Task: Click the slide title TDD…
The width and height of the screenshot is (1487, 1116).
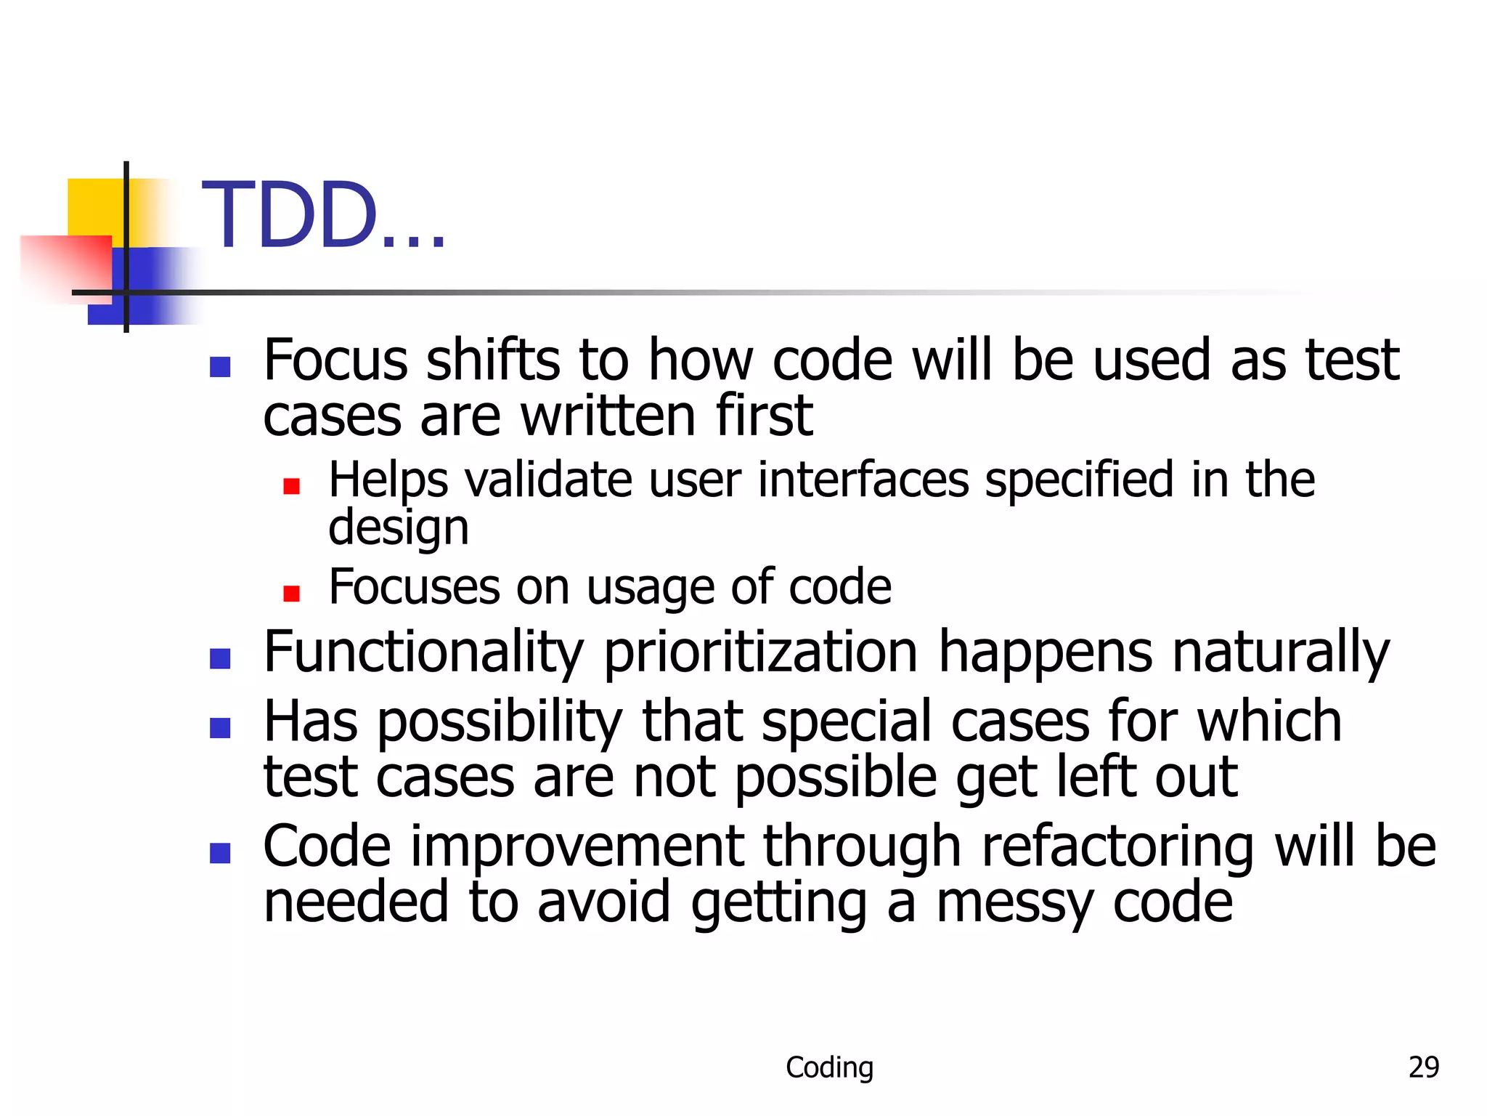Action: pos(323,217)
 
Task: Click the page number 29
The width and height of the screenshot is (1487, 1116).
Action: pos(1423,1067)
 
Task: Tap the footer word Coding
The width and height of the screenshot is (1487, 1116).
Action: pos(829,1067)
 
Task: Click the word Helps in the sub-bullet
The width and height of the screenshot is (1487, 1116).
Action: pos(388,481)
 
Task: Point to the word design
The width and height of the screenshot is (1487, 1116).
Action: pos(398,528)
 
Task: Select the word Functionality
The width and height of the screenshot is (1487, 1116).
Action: pos(423,652)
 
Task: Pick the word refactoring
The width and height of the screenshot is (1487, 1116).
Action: pos(1117,847)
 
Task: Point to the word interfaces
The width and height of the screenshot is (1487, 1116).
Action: pos(863,480)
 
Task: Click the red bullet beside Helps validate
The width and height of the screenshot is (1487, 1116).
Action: pos(291,486)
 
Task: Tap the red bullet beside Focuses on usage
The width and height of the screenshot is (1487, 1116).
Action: pos(291,594)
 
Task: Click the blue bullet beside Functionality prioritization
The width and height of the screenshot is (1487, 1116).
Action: pos(220,658)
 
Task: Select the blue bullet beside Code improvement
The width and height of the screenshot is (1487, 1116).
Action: pos(220,853)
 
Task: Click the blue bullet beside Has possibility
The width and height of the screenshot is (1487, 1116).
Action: pos(220,728)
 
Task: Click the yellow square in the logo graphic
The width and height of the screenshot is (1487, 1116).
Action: pos(94,207)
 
